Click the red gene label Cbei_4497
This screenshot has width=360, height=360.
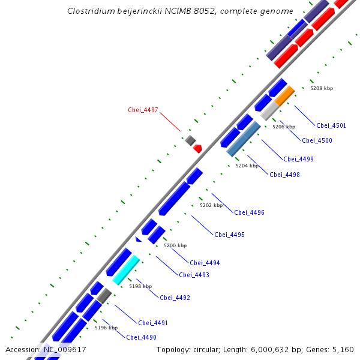(143, 110)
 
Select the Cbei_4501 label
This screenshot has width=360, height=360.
(331, 125)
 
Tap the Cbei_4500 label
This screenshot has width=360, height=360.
(317, 140)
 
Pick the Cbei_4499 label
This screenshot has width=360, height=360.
(298, 159)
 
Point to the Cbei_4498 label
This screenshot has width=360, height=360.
(284, 175)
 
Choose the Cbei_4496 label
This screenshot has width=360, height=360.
(249, 212)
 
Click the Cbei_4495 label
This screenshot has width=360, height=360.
(229, 235)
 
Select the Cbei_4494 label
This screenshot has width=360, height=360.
(205, 263)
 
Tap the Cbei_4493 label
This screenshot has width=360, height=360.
(194, 275)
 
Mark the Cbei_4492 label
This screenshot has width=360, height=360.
(175, 298)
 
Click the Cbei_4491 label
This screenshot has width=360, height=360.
(153, 323)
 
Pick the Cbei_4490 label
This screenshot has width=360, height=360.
(141, 337)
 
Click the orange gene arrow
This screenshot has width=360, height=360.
(285, 95)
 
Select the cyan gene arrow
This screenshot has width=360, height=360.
(126, 269)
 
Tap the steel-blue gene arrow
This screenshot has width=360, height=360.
(244, 139)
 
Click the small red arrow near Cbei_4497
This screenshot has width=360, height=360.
(197, 148)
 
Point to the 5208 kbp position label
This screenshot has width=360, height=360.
(321, 88)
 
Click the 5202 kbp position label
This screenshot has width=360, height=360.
(211, 205)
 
